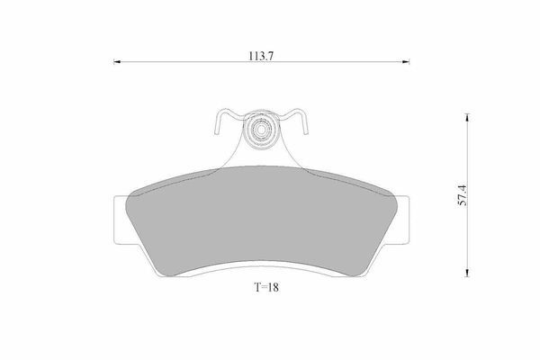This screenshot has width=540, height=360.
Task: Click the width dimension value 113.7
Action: (x=261, y=56)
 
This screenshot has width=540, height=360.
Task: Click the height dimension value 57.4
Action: (x=463, y=195)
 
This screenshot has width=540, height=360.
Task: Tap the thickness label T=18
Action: (x=266, y=287)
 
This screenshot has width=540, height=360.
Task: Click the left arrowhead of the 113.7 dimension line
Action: (x=117, y=62)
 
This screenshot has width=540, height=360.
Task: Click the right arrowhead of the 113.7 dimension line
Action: (x=406, y=62)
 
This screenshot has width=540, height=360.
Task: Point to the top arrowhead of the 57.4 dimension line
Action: (x=467, y=117)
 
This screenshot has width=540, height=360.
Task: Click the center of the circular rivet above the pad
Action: (x=261, y=130)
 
